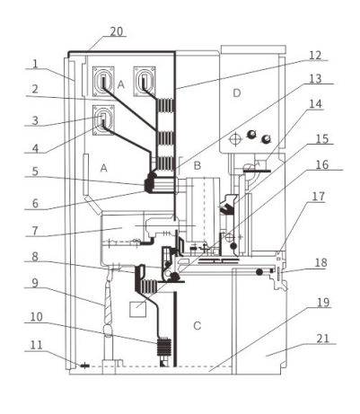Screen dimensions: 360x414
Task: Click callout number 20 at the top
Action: (117, 31)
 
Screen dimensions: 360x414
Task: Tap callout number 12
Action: (315, 56)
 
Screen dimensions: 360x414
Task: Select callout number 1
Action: (35, 64)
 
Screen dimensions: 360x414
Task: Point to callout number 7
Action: (35, 231)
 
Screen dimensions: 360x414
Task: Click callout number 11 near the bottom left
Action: (36, 345)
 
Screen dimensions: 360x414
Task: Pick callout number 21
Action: (323, 339)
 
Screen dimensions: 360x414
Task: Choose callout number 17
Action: (318, 197)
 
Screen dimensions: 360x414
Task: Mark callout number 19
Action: (323, 303)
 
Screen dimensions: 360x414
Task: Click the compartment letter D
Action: (236, 93)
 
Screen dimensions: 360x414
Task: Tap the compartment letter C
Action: (198, 325)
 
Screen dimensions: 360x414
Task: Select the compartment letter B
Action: (198, 165)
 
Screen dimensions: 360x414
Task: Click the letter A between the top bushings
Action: (121, 84)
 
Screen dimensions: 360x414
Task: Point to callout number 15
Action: (322, 139)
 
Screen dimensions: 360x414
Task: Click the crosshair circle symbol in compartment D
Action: (235, 139)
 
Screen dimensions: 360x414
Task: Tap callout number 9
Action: (35, 283)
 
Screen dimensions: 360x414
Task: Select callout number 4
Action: (35, 148)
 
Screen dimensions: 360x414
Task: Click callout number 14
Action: (315, 104)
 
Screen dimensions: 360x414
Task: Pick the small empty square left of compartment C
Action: (137, 309)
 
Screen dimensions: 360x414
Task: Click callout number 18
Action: (320, 263)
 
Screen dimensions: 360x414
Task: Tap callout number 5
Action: (35, 172)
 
